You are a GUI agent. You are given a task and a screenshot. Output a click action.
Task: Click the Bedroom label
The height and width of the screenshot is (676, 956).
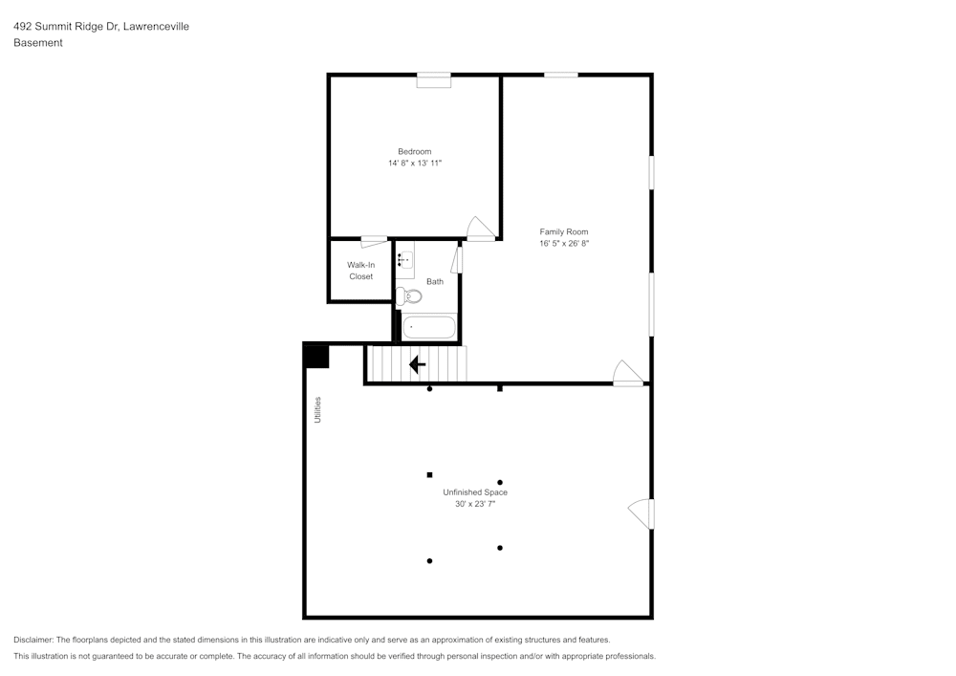click(x=414, y=151)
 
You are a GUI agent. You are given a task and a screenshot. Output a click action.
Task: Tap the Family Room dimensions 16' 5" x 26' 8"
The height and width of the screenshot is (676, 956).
click(x=563, y=244)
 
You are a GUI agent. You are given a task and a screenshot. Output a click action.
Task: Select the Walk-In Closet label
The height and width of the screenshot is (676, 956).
click(x=360, y=270)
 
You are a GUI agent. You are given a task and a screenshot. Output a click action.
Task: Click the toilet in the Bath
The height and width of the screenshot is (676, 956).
click(x=408, y=295)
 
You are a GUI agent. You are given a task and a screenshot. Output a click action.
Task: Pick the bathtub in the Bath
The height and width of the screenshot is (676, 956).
click(x=428, y=327)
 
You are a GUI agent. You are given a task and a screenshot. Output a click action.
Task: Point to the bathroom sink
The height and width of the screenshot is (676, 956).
click(x=405, y=259)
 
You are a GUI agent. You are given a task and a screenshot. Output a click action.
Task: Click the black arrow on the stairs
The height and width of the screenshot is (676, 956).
click(x=417, y=364)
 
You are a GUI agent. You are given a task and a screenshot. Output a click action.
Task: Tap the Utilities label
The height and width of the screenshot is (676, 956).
click(x=318, y=409)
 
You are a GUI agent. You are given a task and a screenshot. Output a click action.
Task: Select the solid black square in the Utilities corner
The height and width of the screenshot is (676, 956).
click(x=316, y=356)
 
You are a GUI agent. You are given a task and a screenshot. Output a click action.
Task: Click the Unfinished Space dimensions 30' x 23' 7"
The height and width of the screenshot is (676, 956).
click(x=474, y=504)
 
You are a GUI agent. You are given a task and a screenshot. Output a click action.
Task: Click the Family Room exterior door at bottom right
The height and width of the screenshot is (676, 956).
click(x=627, y=374)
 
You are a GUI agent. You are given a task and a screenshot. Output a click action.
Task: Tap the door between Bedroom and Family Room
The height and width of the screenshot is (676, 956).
click(x=481, y=229)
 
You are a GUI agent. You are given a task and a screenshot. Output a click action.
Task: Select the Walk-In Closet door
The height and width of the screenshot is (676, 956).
click(x=374, y=240)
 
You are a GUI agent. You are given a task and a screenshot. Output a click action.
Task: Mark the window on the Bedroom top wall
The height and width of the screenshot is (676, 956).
click(x=433, y=80)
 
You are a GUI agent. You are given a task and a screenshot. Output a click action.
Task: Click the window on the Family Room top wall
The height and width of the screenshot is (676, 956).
click(x=561, y=75)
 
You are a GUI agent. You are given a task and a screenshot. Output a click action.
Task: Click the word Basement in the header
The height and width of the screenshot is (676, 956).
click(x=38, y=43)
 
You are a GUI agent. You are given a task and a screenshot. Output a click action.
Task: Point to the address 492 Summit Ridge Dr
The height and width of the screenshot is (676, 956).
click(x=65, y=27)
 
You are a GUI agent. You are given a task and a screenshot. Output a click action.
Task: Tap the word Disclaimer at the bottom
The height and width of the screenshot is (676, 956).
click(x=33, y=640)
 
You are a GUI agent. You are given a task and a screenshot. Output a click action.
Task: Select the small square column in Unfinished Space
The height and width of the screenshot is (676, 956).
click(x=429, y=474)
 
